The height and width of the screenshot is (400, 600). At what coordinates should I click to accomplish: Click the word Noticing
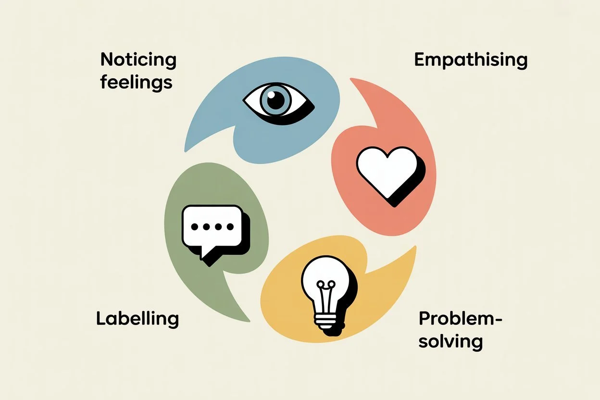[138, 61]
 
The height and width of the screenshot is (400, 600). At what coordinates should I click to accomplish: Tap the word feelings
[136, 82]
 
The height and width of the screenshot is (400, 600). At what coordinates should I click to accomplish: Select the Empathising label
[471, 61]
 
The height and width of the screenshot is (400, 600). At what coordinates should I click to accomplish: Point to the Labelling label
[137, 319]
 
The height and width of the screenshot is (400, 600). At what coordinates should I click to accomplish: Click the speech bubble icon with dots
[212, 230]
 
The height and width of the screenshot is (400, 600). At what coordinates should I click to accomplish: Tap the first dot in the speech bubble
[194, 226]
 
